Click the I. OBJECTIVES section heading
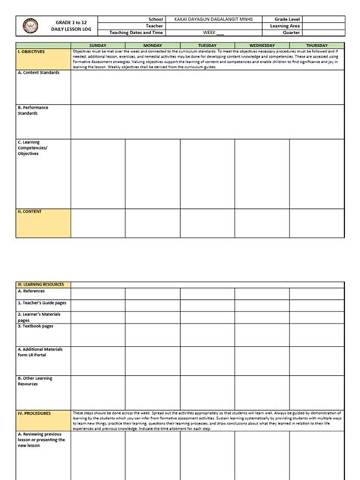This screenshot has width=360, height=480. click(33, 52)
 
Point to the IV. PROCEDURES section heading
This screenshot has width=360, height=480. click(35, 413)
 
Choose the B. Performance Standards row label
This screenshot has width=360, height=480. click(35, 110)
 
